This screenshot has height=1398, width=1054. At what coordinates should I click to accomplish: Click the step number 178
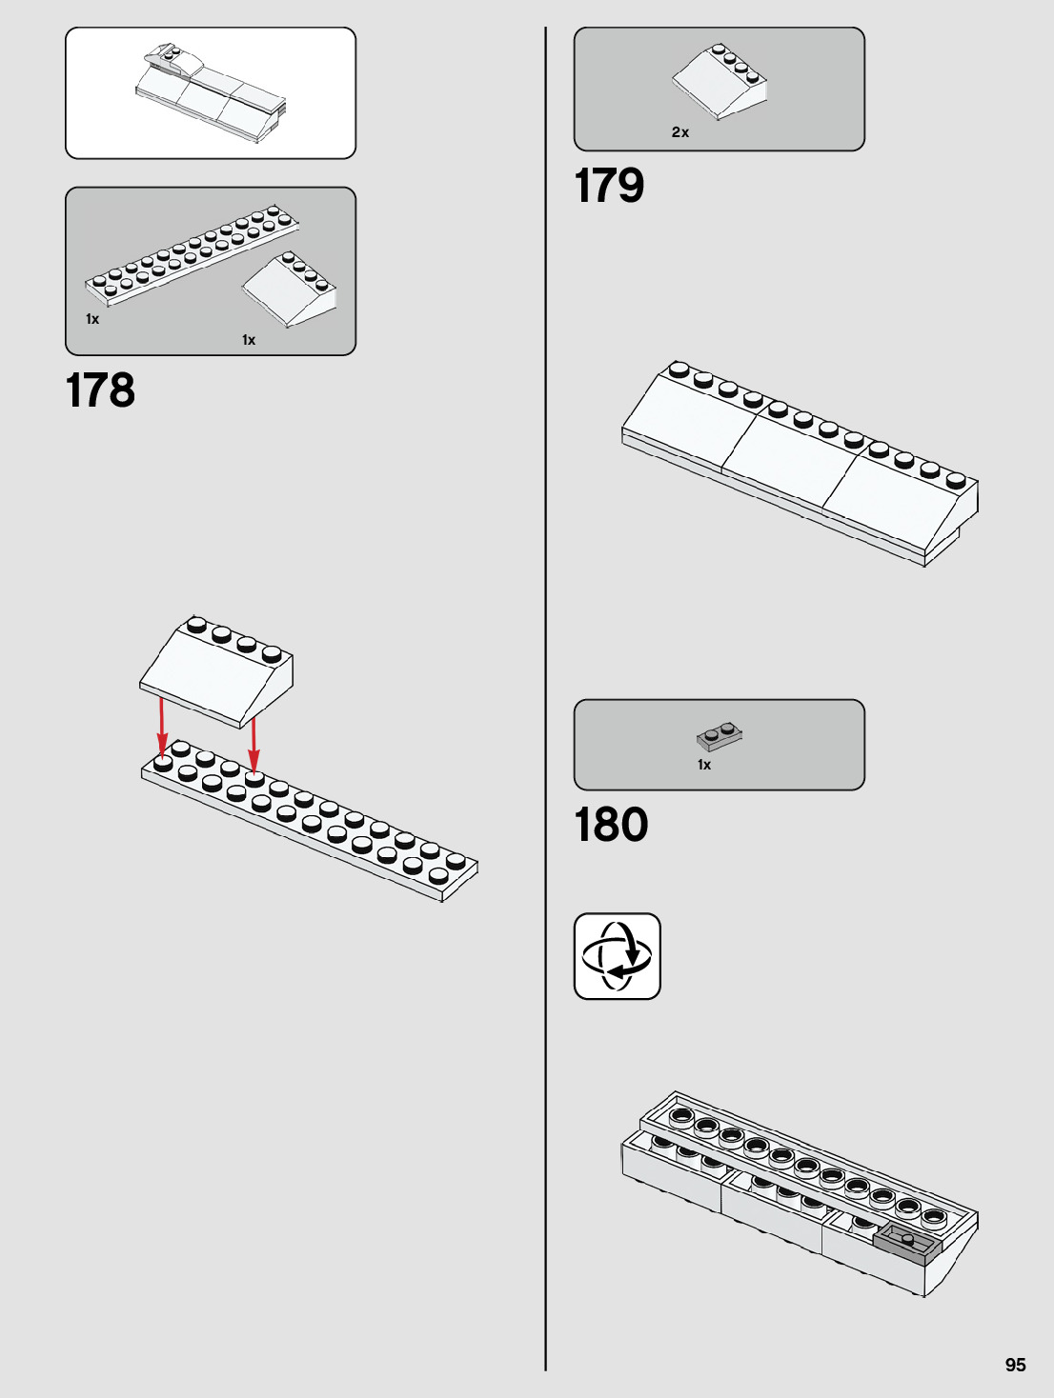pos(100,390)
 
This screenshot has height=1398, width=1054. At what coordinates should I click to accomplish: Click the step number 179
pos(609,186)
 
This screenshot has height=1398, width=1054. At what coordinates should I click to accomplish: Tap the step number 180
pos(611,825)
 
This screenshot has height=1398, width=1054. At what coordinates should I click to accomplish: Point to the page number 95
pos(1015,1365)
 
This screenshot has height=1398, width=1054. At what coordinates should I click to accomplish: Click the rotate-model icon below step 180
pos(618,956)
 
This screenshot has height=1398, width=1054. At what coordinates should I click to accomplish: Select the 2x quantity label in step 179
pos(680,132)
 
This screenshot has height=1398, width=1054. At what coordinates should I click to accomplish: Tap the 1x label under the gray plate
pos(704,765)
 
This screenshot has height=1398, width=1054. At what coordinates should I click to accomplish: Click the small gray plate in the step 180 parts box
pos(720,736)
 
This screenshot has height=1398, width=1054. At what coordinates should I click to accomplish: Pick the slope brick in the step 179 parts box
pos(720,80)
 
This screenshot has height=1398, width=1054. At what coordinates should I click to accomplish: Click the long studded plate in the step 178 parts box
pos(191,253)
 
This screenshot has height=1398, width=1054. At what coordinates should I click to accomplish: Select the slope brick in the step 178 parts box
pos(290,290)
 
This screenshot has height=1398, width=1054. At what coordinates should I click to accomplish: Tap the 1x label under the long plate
pos(92,319)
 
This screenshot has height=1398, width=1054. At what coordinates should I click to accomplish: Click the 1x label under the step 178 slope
pos(249,340)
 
